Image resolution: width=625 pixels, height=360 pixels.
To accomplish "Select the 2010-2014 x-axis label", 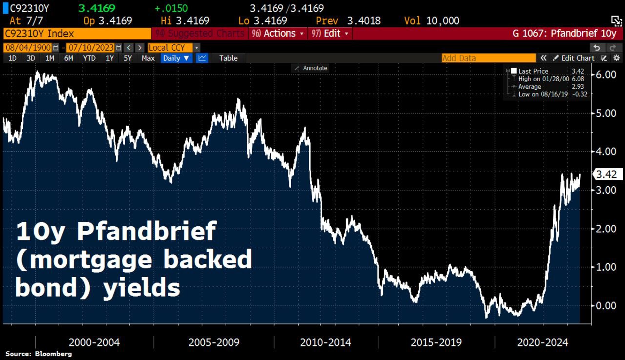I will pyautogui.click(x=325, y=342).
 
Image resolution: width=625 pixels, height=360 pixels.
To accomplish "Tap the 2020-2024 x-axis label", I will pyautogui.click(x=543, y=342).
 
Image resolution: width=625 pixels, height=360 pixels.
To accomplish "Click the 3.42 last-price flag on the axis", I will pyautogui.click(x=607, y=174).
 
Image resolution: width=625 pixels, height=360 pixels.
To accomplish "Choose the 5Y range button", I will pyautogui.click(x=127, y=58).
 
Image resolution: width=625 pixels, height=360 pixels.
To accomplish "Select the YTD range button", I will pyautogui.click(x=89, y=58).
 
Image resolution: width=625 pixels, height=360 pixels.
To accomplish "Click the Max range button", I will pyautogui.click(x=148, y=58).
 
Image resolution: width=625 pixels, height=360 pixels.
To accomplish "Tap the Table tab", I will pyautogui.click(x=228, y=58).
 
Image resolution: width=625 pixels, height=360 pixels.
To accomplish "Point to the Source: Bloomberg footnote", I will pyautogui.click(x=39, y=354).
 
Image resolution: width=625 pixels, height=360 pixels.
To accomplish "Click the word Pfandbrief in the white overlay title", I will pyautogui.click(x=146, y=231).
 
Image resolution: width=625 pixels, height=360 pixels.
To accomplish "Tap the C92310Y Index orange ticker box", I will pyautogui.click(x=77, y=34).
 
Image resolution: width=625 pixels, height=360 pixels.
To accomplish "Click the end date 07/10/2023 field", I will pyautogui.click(x=91, y=47).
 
